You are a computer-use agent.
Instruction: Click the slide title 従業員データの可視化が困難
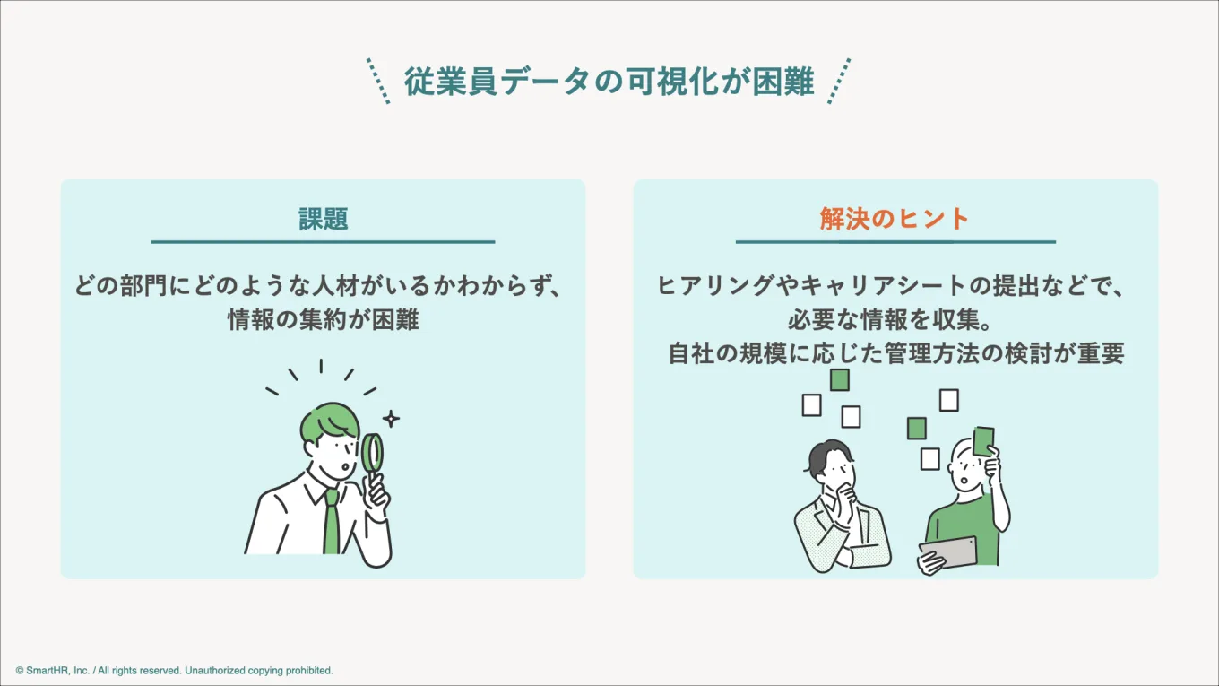point(609,82)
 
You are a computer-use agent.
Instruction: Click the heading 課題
point(323,219)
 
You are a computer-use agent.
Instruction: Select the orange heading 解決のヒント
point(895,219)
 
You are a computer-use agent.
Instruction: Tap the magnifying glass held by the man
point(373,453)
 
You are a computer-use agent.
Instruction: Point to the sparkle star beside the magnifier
point(391,419)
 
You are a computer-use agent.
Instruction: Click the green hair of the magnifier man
point(328,422)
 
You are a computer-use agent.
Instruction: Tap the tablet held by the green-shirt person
point(949,551)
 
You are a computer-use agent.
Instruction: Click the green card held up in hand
point(983,441)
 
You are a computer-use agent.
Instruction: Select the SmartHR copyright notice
point(175,670)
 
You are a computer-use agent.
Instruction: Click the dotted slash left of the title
point(379,82)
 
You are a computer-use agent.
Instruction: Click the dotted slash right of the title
point(838,82)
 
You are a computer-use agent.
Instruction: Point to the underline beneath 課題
point(323,241)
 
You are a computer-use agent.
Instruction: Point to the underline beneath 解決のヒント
point(895,241)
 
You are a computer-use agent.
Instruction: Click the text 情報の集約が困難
point(323,320)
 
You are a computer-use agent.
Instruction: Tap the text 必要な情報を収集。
point(895,320)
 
